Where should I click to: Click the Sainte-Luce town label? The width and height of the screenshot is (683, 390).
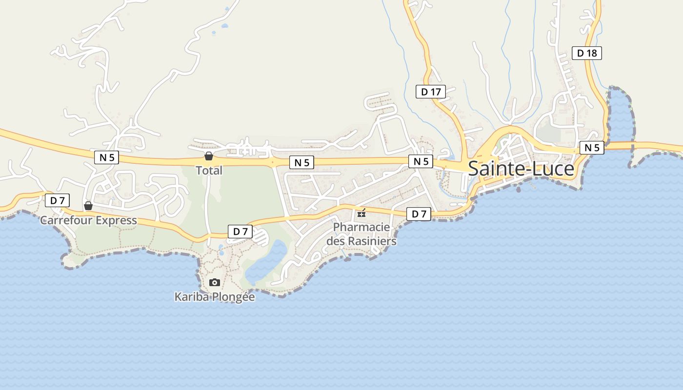click(521, 169)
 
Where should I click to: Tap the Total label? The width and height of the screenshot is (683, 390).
click(209, 171)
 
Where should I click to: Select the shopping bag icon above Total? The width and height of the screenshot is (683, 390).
click(209, 156)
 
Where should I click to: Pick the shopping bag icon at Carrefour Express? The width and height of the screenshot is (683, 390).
click(88, 206)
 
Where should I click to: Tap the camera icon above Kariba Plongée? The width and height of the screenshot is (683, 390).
click(214, 282)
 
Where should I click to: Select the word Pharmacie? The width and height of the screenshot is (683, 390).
click(362, 227)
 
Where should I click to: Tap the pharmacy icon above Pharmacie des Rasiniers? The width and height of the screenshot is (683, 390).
click(362, 213)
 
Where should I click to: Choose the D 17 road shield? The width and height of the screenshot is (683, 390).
click(431, 91)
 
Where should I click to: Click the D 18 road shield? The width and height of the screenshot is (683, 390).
click(586, 53)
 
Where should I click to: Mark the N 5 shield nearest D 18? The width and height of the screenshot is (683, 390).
click(592, 148)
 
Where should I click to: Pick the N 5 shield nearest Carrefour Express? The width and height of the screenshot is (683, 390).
click(106, 157)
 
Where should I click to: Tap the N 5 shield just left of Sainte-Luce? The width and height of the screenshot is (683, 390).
click(421, 161)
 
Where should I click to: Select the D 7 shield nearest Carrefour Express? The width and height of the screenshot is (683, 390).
click(58, 200)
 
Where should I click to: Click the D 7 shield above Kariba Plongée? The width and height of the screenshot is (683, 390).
click(240, 232)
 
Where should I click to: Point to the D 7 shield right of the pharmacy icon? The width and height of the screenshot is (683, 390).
click(419, 214)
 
